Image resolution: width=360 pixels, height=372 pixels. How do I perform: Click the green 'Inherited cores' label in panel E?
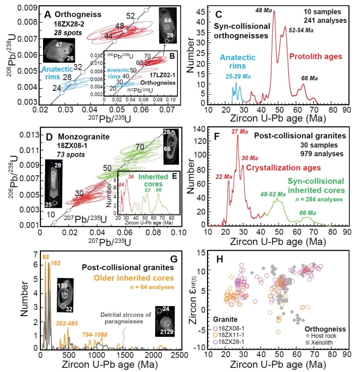coord(159,176)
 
